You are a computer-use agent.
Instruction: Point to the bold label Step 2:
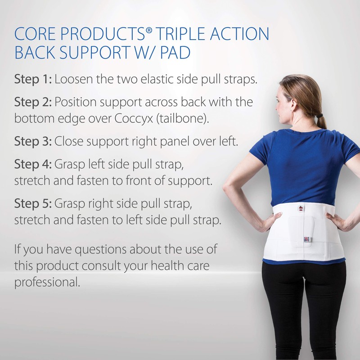pyautogui.click(x=33, y=102)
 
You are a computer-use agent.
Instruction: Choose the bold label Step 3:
pyautogui.click(x=33, y=141)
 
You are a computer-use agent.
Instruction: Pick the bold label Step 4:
pyautogui.click(x=33, y=164)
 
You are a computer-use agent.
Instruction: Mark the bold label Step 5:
pyautogui.click(x=33, y=203)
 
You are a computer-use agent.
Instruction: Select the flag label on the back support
pyautogui.click(x=306, y=239)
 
